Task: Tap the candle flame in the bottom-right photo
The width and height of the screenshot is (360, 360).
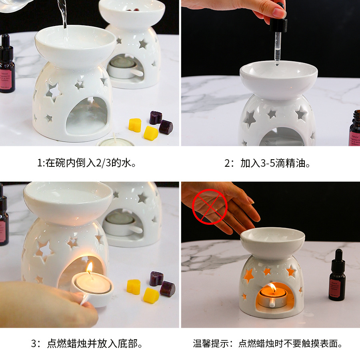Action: pos(272,288)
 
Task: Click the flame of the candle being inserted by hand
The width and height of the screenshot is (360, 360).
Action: pos(90,268)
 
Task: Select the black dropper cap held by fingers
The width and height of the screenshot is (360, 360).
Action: pos(278,25)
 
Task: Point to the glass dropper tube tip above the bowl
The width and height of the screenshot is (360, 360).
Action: pos(277,63)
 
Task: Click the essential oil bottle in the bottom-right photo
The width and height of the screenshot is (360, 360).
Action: pos(337,275)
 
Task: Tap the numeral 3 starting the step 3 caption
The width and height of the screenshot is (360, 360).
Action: pos(34,344)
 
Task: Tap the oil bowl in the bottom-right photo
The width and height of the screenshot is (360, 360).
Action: pos(272,241)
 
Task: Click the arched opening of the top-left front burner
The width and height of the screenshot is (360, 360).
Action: pos(86,116)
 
